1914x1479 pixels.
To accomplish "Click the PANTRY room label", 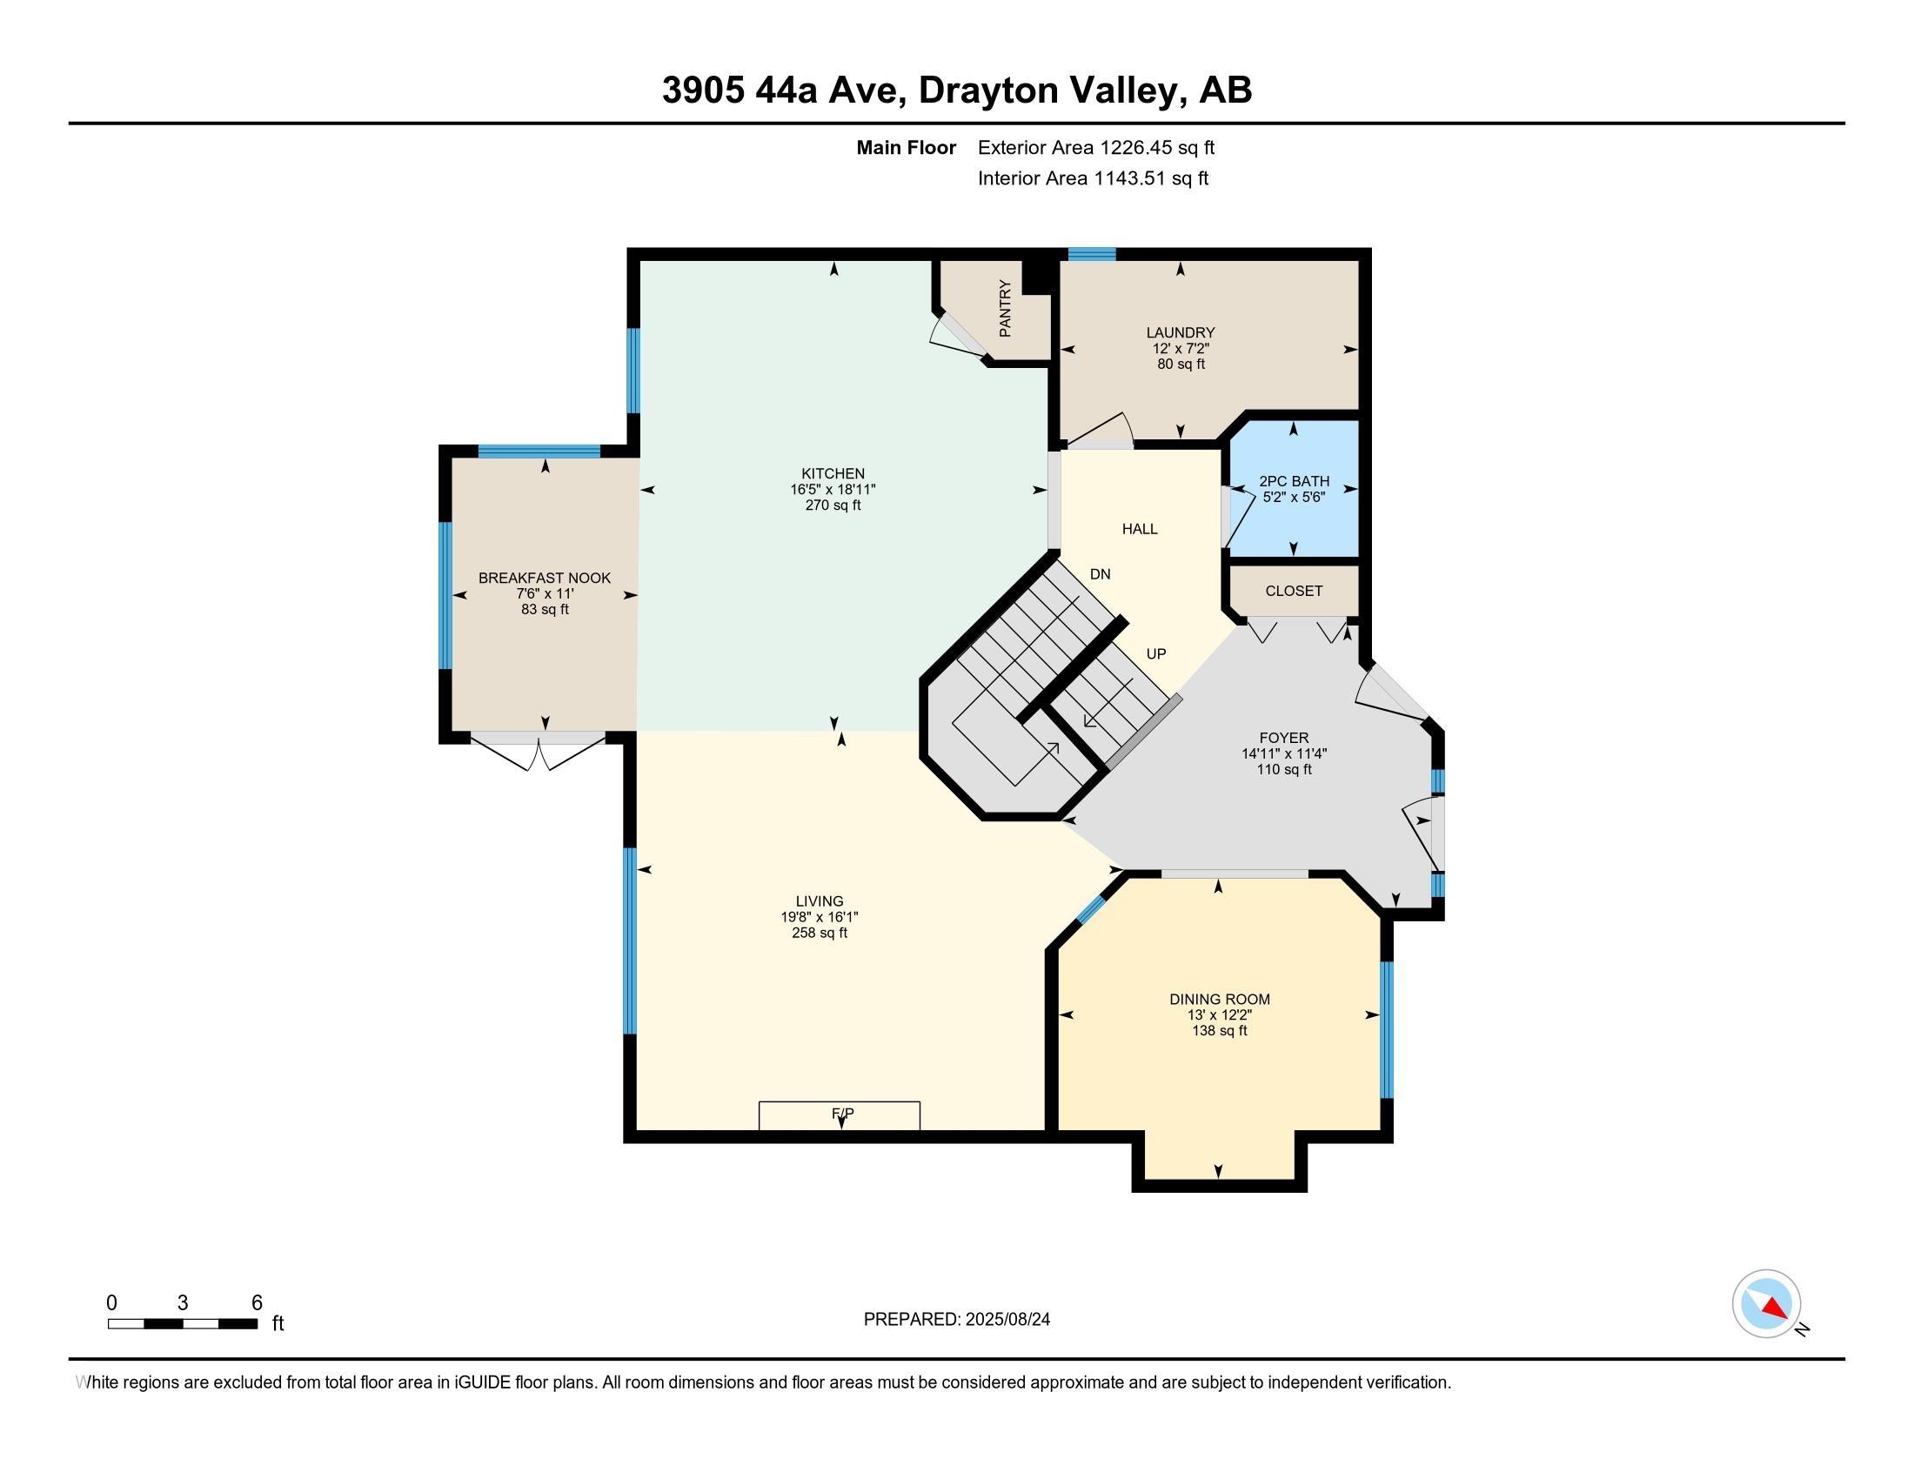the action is coord(1005,309).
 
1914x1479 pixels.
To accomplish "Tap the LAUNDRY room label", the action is coord(1181,333).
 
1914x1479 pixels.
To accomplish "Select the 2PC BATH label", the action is coord(1295,481).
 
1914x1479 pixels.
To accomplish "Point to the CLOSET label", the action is coord(1294,591).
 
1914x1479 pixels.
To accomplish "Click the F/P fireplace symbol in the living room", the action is coord(840,1115).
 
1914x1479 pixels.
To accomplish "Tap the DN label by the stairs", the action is coord(1100,574).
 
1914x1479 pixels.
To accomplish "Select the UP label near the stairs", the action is coord(1156,653).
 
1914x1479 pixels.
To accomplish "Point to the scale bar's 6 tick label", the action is coord(257,1303).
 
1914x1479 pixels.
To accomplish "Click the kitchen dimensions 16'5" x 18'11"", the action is coord(833,490).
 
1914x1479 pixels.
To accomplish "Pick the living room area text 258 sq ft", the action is coord(820,934).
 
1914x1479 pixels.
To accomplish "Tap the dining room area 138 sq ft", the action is coord(1219,1031).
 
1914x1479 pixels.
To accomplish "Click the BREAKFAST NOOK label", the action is coord(545,579).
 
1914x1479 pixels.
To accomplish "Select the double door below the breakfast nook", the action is coord(538,753).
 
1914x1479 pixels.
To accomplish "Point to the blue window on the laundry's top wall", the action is coord(1092,254).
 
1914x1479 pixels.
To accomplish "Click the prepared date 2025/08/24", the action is coord(1007,1320).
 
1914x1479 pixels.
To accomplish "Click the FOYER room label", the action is coord(1284,738).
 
